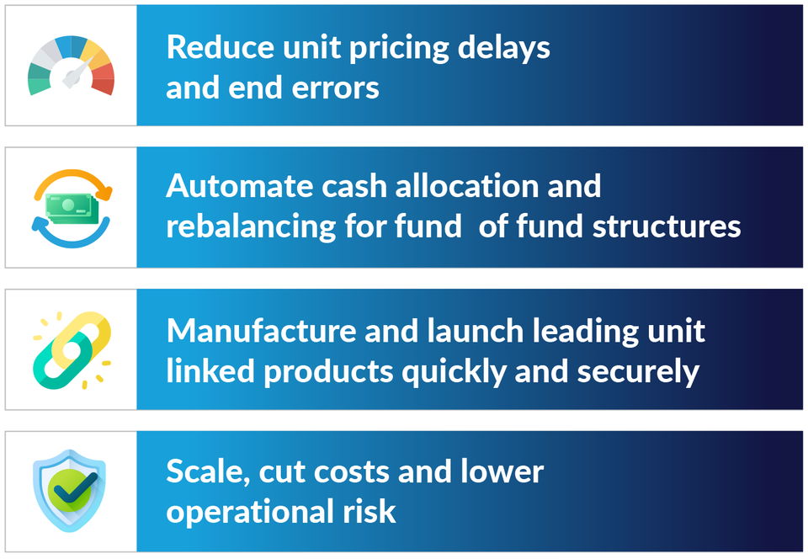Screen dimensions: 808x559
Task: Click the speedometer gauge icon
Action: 71,65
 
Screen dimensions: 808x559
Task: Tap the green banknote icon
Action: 72,208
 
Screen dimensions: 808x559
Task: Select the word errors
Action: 336,88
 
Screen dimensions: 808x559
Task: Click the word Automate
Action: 239,185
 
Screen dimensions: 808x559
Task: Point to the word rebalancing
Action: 251,227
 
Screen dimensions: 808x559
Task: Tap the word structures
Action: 667,226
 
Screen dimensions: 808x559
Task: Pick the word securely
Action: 638,372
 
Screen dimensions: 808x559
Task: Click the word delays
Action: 504,49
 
